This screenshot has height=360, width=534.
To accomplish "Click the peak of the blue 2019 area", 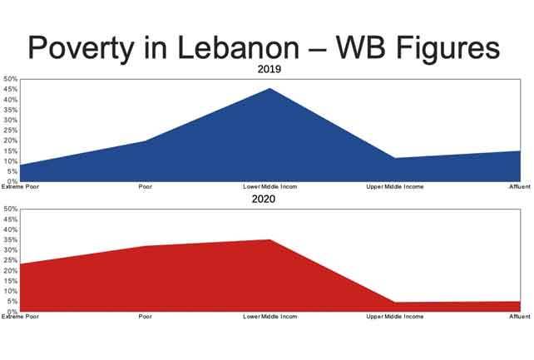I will (x=270, y=88).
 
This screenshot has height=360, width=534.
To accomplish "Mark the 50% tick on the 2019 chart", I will (x=10, y=80).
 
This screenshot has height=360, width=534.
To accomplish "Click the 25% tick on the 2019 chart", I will (x=10, y=131).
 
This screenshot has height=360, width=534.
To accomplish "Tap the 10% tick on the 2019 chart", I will (x=10, y=161).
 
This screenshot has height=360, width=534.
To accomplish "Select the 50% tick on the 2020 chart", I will (x=10, y=209).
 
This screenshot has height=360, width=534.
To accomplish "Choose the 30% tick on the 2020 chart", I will (x=10, y=250).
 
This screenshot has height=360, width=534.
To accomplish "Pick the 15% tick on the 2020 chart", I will (x=10, y=281).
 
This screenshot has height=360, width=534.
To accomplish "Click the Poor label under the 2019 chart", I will (x=146, y=187).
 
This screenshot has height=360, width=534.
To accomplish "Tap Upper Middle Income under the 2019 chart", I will (x=395, y=187).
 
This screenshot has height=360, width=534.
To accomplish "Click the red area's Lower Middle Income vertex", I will (x=270, y=240).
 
